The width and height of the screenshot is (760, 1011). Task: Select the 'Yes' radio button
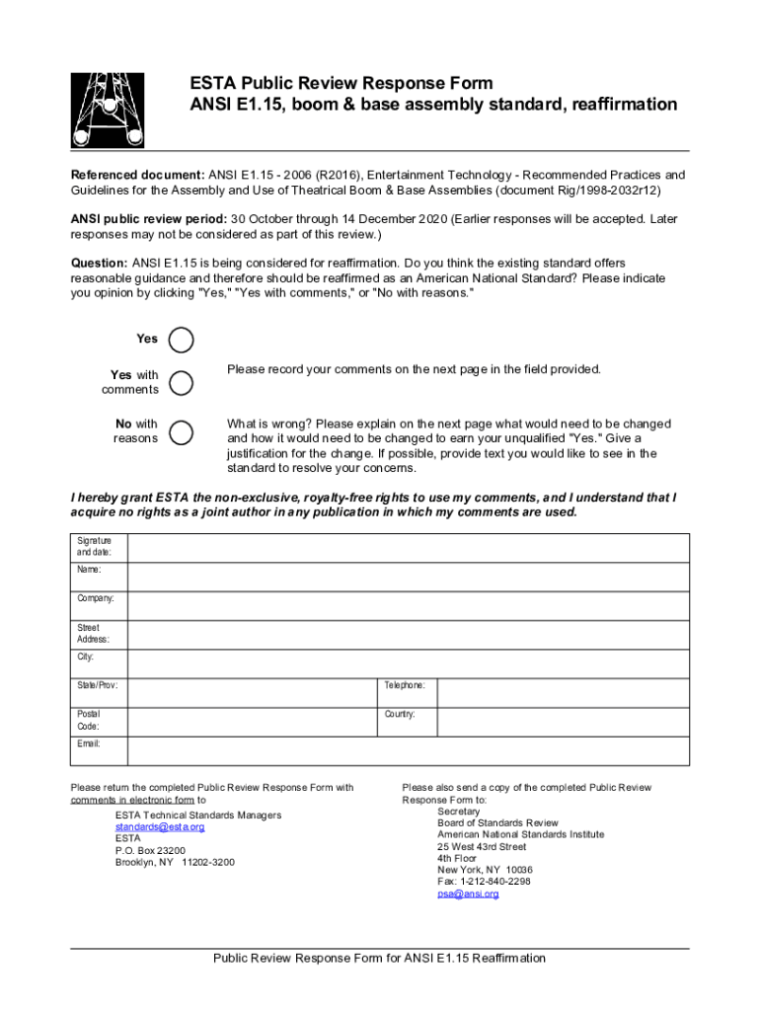tap(182, 341)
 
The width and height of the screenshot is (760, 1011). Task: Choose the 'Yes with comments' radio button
tap(182, 383)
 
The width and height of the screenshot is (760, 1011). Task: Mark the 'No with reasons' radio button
tap(182, 432)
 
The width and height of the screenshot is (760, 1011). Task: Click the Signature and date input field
tap(409, 548)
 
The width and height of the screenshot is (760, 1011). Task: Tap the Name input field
tap(409, 577)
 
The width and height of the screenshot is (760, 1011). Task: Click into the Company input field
tap(409, 605)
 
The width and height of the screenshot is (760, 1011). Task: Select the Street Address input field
tap(409, 634)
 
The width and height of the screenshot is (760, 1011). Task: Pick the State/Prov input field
tap(254, 691)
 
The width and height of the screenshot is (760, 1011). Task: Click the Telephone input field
tap(563, 691)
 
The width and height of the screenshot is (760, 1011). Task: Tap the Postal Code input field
tap(254, 720)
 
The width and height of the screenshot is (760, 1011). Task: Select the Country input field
tap(563, 720)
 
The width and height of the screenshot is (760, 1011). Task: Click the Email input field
tap(409, 749)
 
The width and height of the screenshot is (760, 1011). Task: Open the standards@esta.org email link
tap(160, 827)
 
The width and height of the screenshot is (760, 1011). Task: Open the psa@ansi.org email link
tap(468, 894)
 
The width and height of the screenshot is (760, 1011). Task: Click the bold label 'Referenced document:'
tap(137, 175)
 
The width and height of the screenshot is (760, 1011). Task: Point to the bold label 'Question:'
tap(99, 264)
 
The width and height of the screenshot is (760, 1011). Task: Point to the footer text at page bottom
tap(380, 959)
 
